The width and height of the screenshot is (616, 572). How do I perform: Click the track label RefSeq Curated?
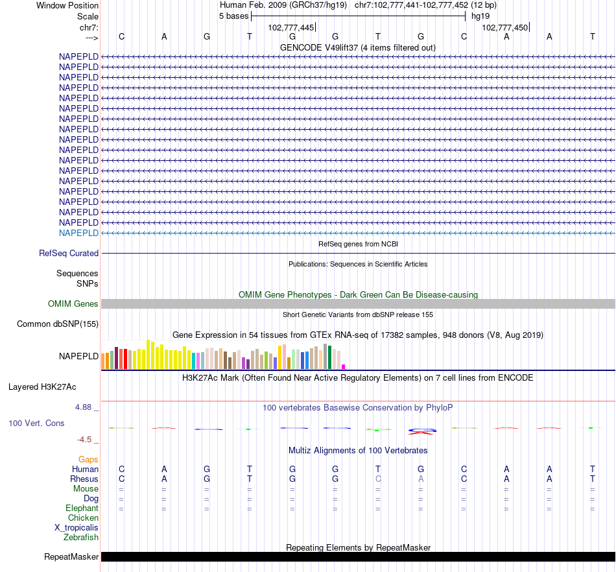click(69, 254)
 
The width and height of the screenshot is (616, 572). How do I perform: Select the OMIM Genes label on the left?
click(73, 304)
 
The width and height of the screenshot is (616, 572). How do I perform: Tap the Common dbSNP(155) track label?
click(58, 324)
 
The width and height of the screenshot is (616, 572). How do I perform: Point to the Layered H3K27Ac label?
click(42, 387)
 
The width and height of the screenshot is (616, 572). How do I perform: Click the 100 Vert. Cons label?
click(36, 423)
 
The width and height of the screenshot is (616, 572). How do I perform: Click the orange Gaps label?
click(88, 459)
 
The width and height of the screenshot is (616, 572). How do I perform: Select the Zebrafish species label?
click(81, 537)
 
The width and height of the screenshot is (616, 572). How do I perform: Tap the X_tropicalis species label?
click(77, 527)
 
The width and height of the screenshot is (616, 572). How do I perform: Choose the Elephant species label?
click(82, 508)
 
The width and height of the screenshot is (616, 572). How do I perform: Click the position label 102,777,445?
click(291, 27)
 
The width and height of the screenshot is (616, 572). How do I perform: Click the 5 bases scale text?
click(234, 16)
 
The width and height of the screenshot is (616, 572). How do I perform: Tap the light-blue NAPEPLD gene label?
click(78, 233)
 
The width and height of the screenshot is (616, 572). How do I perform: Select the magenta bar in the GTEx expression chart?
click(343, 366)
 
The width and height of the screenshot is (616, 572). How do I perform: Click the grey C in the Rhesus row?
click(378, 479)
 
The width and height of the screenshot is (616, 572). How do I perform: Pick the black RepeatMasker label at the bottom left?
click(71, 556)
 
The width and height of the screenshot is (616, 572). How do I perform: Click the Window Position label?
click(67, 5)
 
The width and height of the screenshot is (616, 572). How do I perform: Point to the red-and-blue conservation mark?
click(421, 431)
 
